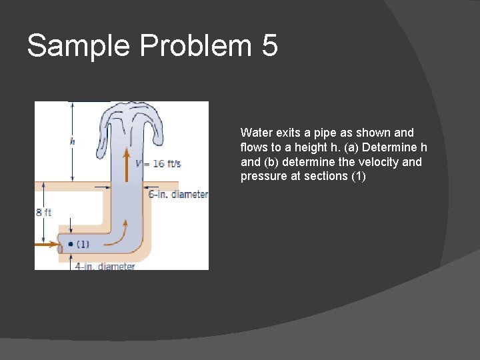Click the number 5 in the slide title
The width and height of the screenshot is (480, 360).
269,46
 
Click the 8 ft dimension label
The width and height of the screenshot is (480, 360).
43,213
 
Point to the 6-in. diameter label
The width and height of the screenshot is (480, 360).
178,195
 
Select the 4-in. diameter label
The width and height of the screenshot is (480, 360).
105,266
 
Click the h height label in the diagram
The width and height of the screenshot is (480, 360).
72,141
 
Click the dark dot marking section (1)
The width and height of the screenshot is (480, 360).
70,244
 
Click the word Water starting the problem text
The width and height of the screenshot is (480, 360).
255,133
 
